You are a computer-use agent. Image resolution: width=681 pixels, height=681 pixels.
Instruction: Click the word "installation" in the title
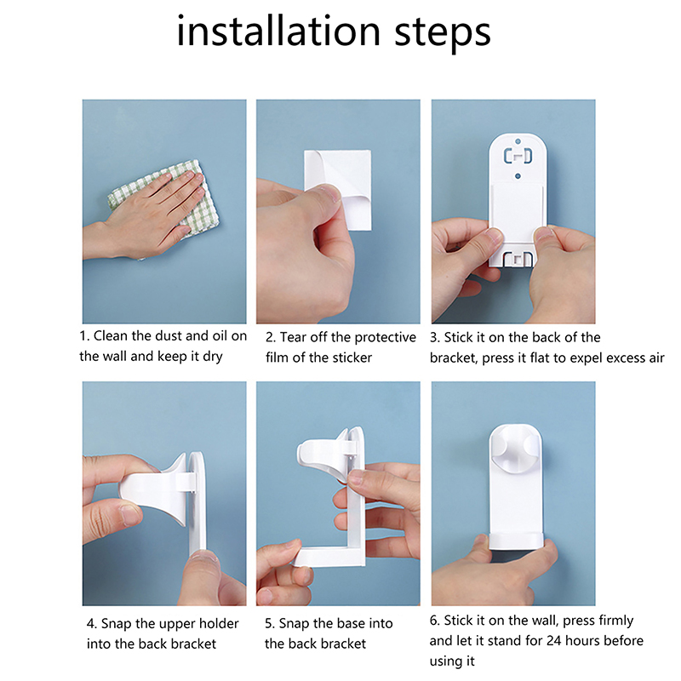(278, 31)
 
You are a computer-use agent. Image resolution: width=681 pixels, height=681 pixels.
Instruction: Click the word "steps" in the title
(443, 34)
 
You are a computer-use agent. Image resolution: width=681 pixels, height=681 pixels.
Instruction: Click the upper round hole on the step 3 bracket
(518, 141)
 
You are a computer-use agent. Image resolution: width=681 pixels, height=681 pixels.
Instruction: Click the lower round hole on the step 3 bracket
(518, 176)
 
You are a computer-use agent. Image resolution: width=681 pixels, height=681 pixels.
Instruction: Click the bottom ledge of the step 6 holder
(516, 541)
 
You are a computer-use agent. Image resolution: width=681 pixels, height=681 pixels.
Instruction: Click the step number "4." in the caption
(92, 624)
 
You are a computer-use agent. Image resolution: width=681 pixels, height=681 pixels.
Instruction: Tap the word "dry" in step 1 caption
(213, 357)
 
